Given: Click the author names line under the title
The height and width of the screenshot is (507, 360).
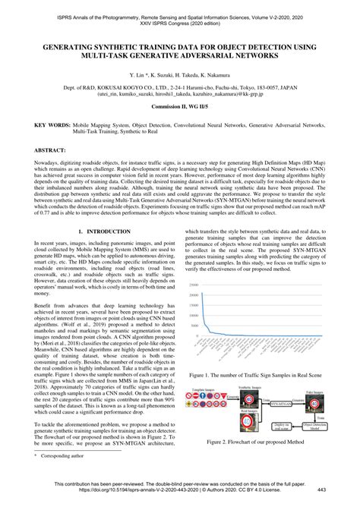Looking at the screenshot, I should click(180, 76).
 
